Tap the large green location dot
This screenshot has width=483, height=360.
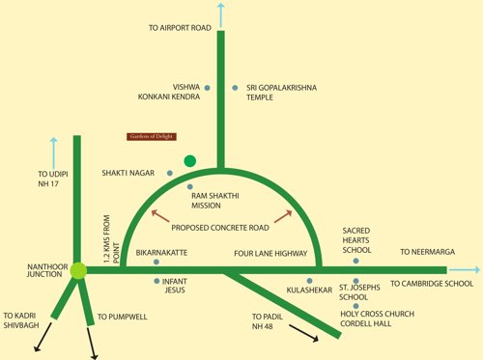(190, 159)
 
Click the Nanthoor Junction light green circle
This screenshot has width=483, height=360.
(78, 270)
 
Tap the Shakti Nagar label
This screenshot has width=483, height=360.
(129, 173)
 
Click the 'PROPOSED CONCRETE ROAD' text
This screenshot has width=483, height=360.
(221, 228)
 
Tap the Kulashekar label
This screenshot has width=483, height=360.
(308, 290)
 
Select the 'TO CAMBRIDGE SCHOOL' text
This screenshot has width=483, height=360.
(431, 284)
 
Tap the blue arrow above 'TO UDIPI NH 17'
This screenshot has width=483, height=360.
(53, 151)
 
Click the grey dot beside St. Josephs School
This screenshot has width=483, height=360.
(355, 287)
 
